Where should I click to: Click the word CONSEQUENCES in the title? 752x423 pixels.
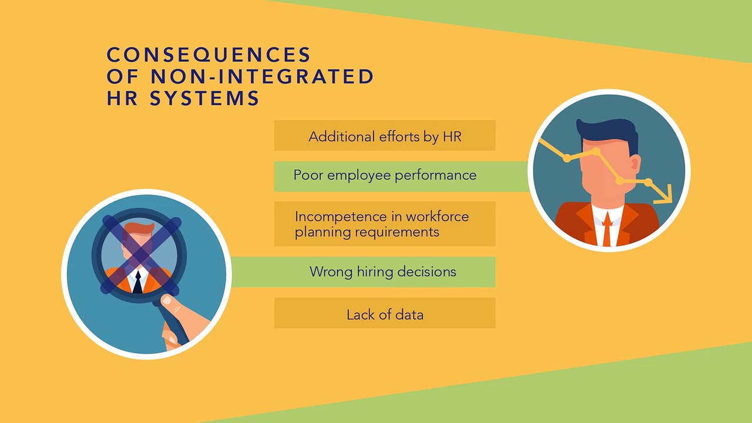(209, 55)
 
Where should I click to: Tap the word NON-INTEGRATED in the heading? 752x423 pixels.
(262, 76)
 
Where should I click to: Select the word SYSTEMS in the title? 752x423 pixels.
(204, 98)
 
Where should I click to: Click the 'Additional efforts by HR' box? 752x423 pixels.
(385, 136)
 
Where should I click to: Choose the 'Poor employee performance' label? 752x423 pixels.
(385, 175)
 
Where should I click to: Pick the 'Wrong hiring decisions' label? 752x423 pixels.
(382, 271)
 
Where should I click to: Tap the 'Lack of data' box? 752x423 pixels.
(385, 313)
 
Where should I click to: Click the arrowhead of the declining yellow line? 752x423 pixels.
(664, 194)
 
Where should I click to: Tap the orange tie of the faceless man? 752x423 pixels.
(607, 229)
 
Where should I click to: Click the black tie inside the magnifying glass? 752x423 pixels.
(137, 282)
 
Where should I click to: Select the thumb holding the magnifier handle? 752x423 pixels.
(175, 303)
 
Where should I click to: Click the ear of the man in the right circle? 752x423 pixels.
(635, 164)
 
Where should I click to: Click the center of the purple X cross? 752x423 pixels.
(142, 255)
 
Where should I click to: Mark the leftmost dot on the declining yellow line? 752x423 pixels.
(567, 158)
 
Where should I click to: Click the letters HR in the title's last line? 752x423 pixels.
(122, 98)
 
